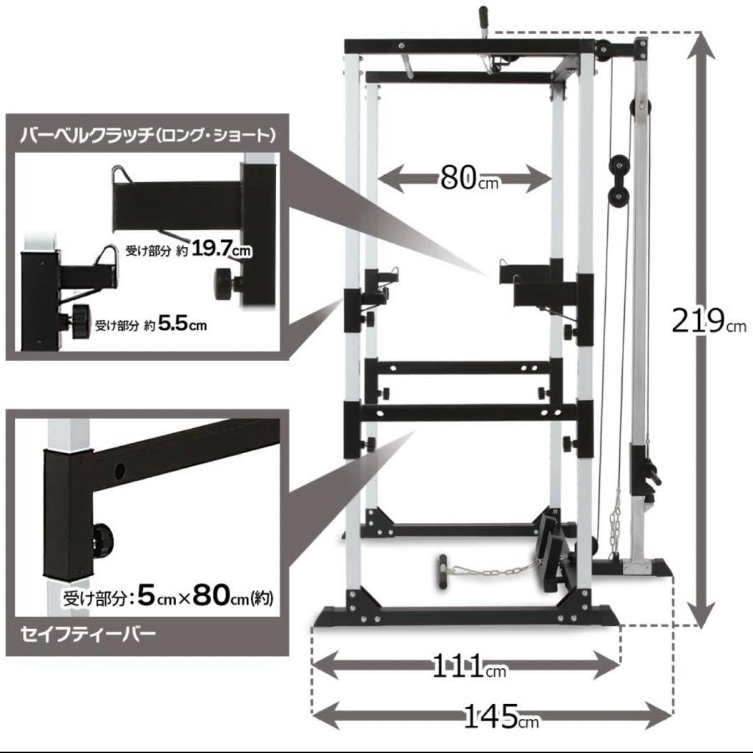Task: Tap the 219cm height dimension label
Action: pyautogui.click(x=709, y=321)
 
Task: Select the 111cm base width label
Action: pyautogui.click(x=469, y=667)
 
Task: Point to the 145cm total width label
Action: pyautogui.click(x=501, y=717)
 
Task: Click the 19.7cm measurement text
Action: pyautogui.click(x=222, y=249)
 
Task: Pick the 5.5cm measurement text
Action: pyautogui.click(x=183, y=324)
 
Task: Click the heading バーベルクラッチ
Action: pyautogui.click(x=86, y=135)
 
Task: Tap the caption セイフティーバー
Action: pyautogui.click(x=88, y=633)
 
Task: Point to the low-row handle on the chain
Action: pyautogui.click(x=442, y=573)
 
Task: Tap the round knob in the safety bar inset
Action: pyautogui.click(x=102, y=539)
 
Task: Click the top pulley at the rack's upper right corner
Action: pyautogui.click(x=602, y=50)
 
